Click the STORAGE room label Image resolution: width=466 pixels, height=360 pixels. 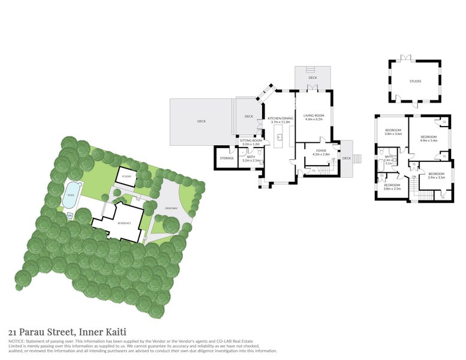[x=226, y=158]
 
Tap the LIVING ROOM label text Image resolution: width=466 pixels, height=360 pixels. [x=313, y=115]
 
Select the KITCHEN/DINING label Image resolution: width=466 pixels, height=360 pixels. [x=281, y=118]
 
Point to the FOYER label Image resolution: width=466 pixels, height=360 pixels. [x=321, y=151]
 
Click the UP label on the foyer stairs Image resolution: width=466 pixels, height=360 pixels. [x=333, y=160]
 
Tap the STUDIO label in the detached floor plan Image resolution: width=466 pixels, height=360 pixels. [x=415, y=81]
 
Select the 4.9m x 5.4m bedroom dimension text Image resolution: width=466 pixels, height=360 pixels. [x=425, y=140]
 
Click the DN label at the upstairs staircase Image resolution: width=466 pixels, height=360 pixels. [x=414, y=176]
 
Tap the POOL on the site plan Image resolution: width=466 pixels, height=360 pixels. [x=71, y=194]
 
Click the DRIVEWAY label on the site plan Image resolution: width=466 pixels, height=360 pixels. [x=172, y=210]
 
